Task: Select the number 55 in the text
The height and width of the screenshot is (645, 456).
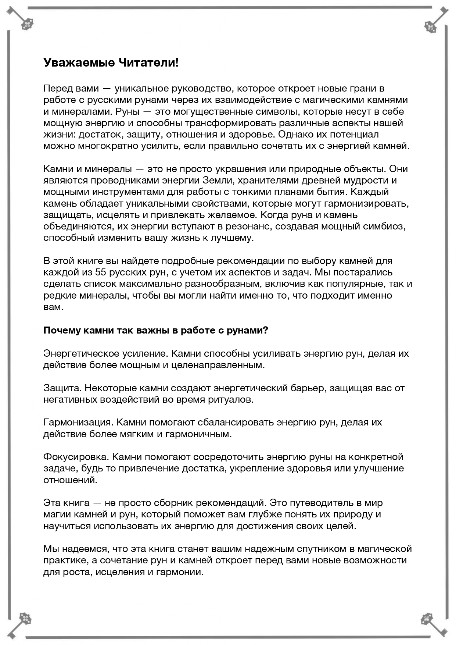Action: pyautogui.click(x=101, y=272)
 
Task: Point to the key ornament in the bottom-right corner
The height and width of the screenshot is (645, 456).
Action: pyautogui.click(x=434, y=623)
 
